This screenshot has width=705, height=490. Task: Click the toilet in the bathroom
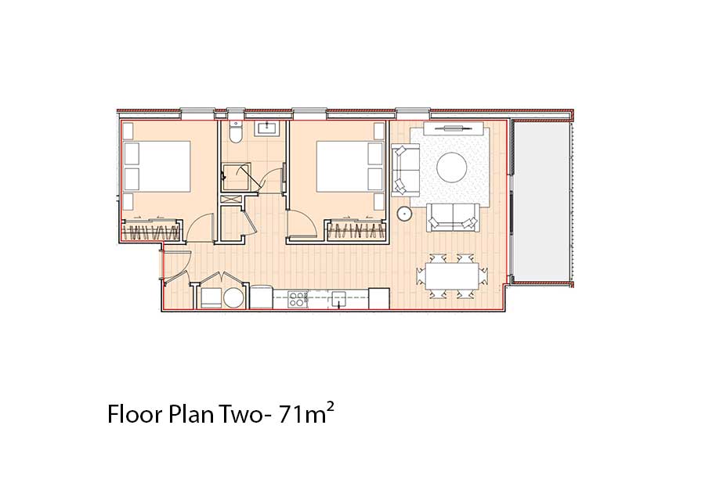click(235, 132)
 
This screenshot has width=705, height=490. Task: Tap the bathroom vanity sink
click(267, 128)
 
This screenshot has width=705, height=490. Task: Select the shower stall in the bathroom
click(237, 178)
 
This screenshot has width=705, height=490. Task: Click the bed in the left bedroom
click(157, 167)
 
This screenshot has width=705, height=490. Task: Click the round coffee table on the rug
click(451, 167)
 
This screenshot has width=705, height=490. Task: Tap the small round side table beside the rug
click(404, 214)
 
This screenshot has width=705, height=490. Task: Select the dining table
click(452, 276)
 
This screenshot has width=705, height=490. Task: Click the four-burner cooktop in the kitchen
click(297, 299)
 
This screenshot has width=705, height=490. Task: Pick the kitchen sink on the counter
click(338, 298)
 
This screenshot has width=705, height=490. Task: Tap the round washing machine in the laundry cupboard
click(233, 297)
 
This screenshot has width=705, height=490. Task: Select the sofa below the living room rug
click(452, 218)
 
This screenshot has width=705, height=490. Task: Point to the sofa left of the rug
click(406, 170)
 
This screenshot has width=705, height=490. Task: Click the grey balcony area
click(542, 200)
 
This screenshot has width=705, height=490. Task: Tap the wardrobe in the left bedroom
click(151, 230)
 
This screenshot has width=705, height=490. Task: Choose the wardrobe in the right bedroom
click(357, 230)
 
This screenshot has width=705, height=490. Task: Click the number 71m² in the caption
click(306, 413)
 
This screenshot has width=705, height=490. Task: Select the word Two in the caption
click(242, 414)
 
